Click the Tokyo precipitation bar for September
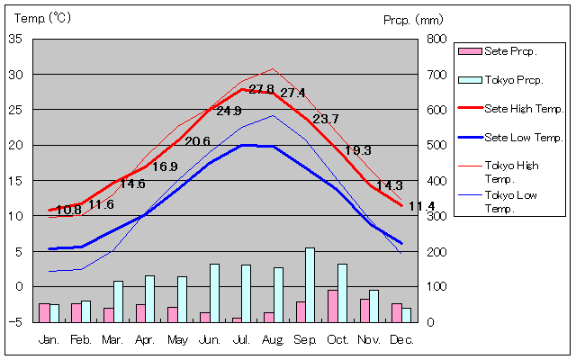(x=310, y=284)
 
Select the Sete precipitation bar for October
(x=333, y=306)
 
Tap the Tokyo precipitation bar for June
(x=214, y=292)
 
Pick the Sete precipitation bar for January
(x=44, y=312)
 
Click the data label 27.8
(x=261, y=89)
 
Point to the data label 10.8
(x=68, y=211)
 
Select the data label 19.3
(x=358, y=150)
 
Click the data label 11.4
(x=421, y=207)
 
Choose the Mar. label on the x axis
(x=112, y=340)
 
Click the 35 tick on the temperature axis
(x=16, y=39)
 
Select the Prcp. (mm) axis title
(x=412, y=19)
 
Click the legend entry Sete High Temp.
(x=523, y=108)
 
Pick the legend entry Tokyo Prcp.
(x=513, y=80)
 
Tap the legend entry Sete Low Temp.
(x=523, y=138)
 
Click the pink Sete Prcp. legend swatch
(x=468, y=50)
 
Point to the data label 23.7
(x=326, y=119)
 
